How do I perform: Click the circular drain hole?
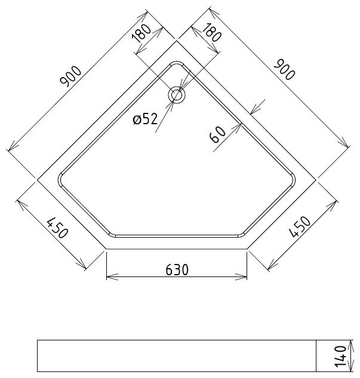pyautogui.click(x=177, y=94)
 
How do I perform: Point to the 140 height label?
pyautogui.click(x=340, y=356)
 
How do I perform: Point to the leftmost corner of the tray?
pyautogui.click(x=38, y=179)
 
